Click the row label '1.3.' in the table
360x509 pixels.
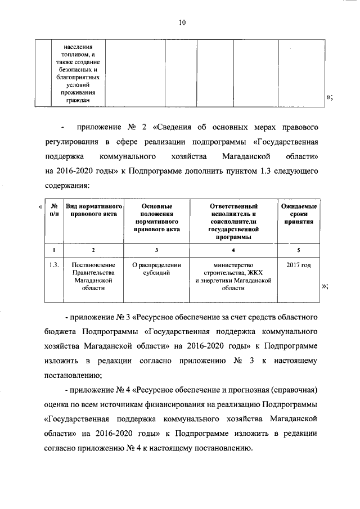pyautogui.click(x=53, y=265)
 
